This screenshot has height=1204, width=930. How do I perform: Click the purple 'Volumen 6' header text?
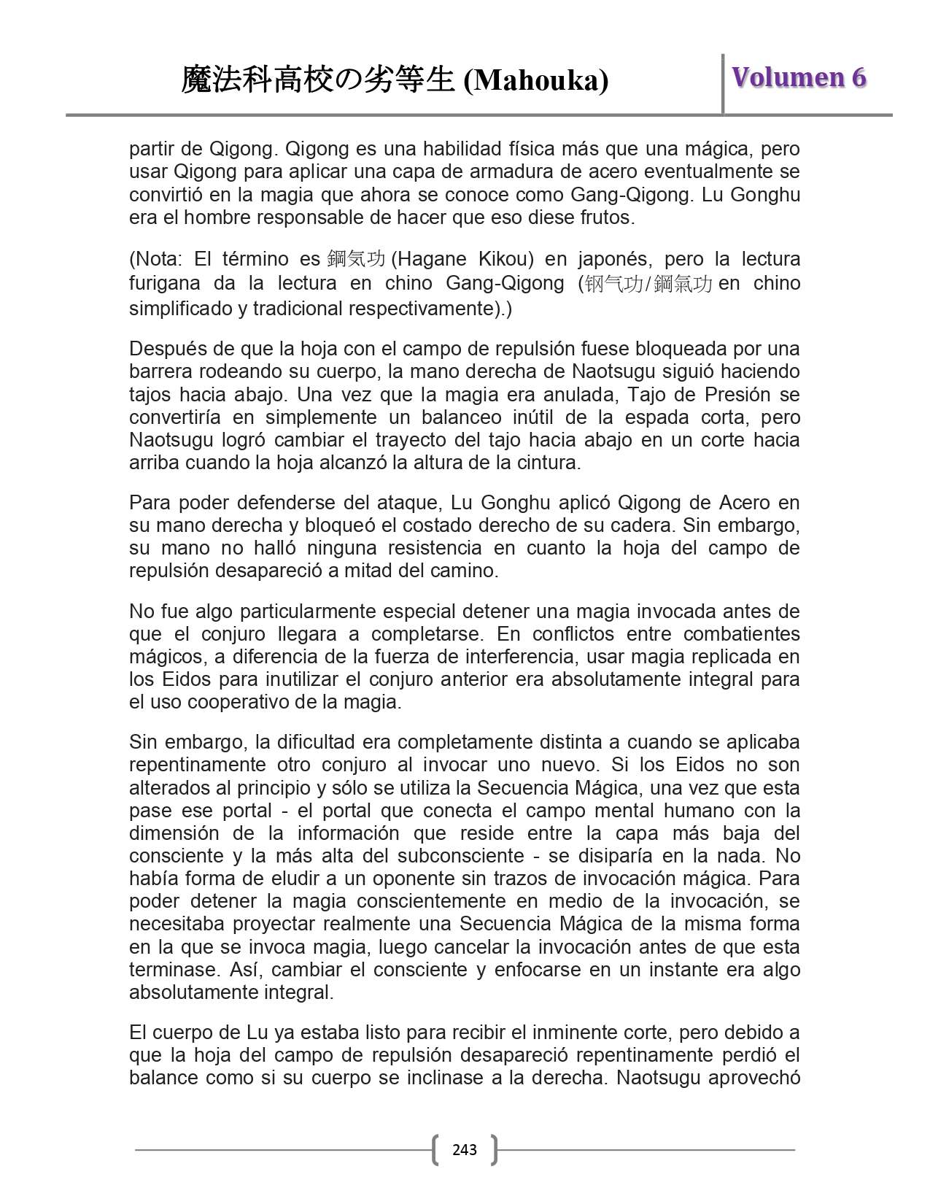tap(799, 77)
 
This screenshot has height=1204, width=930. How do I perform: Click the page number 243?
tap(465, 1150)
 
